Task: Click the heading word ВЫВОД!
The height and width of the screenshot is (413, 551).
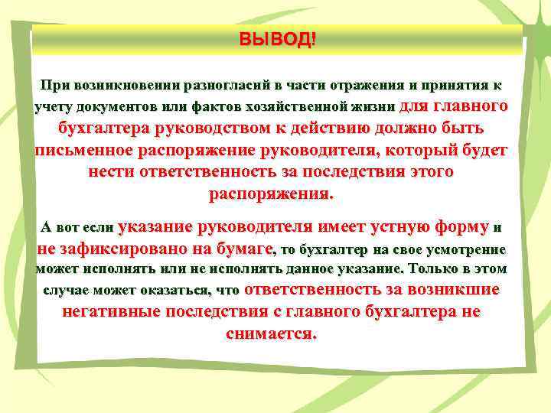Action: pos(276,39)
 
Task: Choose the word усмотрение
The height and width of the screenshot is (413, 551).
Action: pos(467,249)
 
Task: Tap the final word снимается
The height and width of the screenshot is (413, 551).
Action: pos(272,334)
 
